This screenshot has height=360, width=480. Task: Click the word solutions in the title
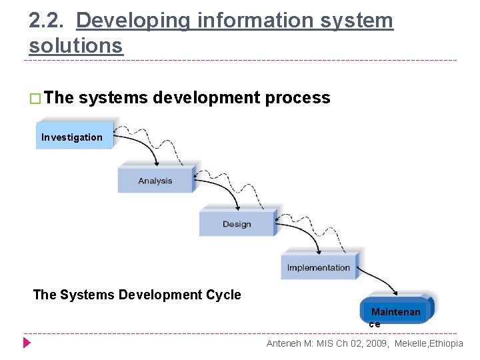click(76, 45)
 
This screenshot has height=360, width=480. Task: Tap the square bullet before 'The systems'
click(36, 99)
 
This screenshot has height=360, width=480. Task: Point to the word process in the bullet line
click(297, 98)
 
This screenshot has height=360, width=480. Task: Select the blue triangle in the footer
click(27, 343)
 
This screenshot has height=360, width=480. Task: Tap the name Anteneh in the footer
click(285, 343)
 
